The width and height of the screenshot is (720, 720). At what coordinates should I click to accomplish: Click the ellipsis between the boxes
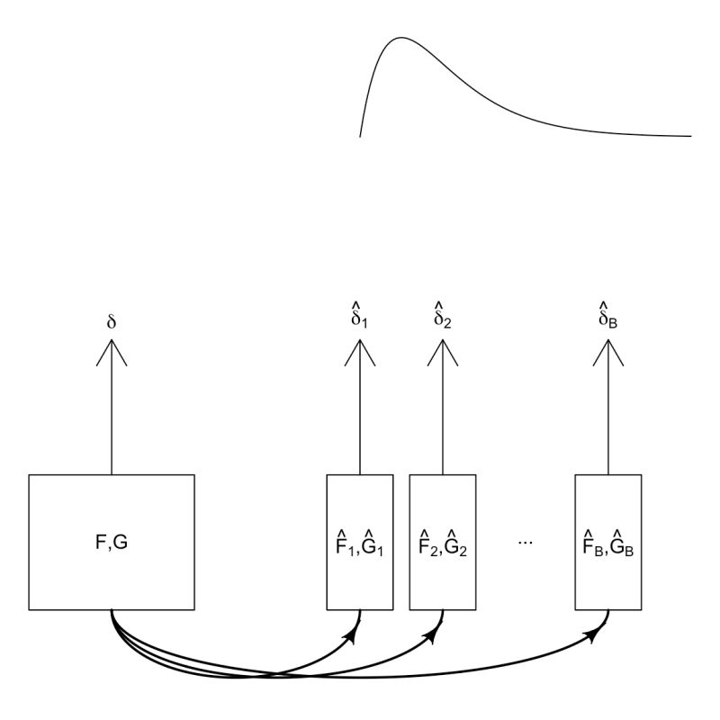(x=526, y=543)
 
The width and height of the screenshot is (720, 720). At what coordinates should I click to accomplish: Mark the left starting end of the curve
(x=361, y=136)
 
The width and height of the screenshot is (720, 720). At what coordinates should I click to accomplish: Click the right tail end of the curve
(x=690, y=136)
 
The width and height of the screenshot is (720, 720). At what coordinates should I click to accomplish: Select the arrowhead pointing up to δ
(x=112, y=353)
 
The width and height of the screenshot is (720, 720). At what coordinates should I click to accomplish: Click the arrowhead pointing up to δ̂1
(x=360, y=353)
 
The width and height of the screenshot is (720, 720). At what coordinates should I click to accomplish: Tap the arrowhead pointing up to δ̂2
(x=443, y=353)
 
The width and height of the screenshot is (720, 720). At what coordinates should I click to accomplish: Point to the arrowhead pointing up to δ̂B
(x=609, y=353)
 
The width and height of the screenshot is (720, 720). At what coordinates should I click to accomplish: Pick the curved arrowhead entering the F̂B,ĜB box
(x=595, y=636)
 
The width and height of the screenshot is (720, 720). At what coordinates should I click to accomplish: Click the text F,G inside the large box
(x=112, y=543)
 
